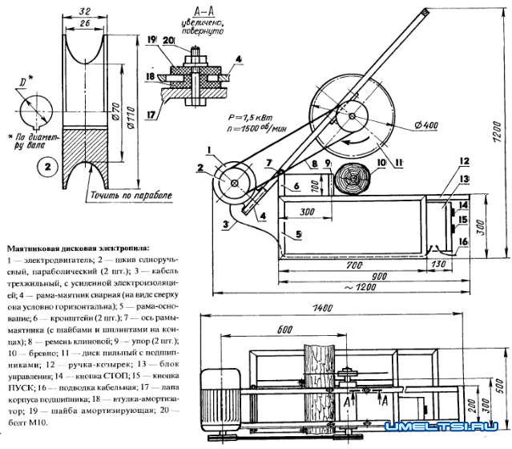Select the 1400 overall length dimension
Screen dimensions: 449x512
(322, 308)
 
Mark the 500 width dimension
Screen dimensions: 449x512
(498, 384)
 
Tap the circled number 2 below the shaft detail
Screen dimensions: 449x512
(48, 169)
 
